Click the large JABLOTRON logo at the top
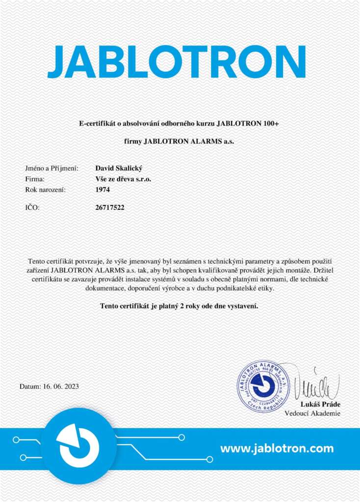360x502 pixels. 177,63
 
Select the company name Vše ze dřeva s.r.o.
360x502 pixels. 123,179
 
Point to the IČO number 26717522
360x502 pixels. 110,207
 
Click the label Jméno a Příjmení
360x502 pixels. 51,168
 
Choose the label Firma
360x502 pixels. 34,179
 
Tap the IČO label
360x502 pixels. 32,207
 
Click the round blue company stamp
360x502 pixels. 263,386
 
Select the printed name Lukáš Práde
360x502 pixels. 320,404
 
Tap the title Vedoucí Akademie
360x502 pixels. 312,413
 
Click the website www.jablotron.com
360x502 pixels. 277,448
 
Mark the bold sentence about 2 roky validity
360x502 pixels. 179,306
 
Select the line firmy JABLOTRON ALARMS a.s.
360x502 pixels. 179,142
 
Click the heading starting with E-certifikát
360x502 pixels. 179,124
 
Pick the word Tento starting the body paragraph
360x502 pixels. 37,261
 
